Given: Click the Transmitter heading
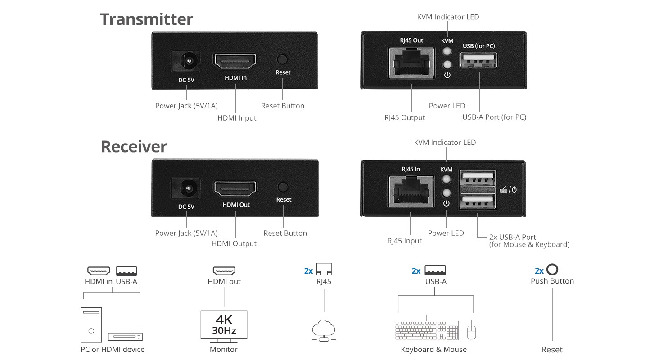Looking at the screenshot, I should pos(146,19).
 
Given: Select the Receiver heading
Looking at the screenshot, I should pos(134,147).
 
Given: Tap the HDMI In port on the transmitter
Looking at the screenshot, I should pos(235,62).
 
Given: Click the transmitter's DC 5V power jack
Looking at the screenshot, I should pos(186,63).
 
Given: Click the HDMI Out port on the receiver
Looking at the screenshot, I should pos(235,189).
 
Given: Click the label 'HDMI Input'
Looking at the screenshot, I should pos(237,118).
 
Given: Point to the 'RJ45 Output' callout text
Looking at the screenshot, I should pos(404,117).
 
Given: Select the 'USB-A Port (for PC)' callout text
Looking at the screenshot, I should pos(494,117).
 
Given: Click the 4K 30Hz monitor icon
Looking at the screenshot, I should pos(224,325).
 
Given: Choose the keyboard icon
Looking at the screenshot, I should pos(426,331).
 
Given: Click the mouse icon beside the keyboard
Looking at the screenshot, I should pos(472,331).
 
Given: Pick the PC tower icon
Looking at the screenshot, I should pos(91,325).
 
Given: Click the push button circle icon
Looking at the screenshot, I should pos(552,270).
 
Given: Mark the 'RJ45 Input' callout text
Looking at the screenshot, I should pos(404,241).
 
